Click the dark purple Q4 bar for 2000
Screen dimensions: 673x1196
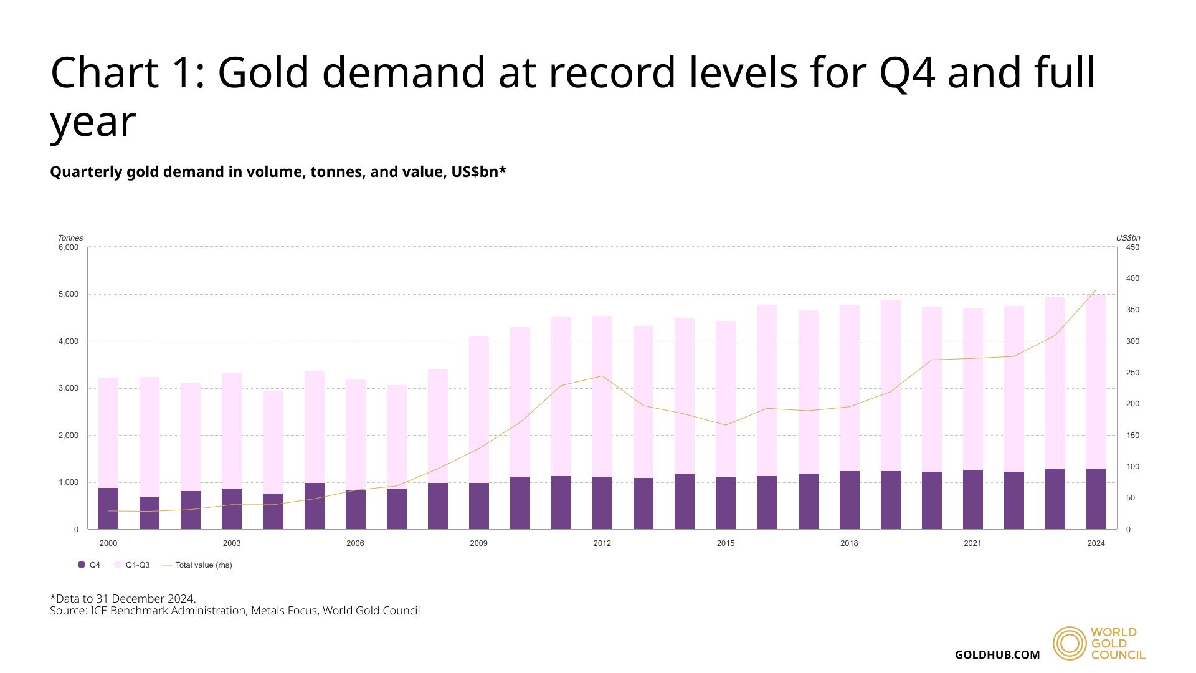[x=108, y=508]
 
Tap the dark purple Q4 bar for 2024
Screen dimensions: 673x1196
[x=1096, y=499]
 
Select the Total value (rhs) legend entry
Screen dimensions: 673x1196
[x=197, y=565]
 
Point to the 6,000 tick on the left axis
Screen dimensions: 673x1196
[x=69, y=247]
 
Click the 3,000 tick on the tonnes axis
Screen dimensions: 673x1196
[x=69, y=388]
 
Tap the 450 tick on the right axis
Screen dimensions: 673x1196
[x=1132, y=247]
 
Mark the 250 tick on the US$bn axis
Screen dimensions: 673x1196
[x=1132, y=373]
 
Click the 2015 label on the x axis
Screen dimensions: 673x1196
[x=725, y=543]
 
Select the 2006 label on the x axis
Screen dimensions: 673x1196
[x=355, y=543]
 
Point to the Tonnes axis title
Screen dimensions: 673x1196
[x=70, y=238]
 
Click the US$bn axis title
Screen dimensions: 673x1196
[x=1127, y=238]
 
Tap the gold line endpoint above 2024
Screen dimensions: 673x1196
[x=1096, y=290]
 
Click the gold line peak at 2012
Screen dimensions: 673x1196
[x=602, y=376]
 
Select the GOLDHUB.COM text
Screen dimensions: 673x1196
[x=997, y=655]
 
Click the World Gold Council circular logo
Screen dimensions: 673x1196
[x=1070, y=643]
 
